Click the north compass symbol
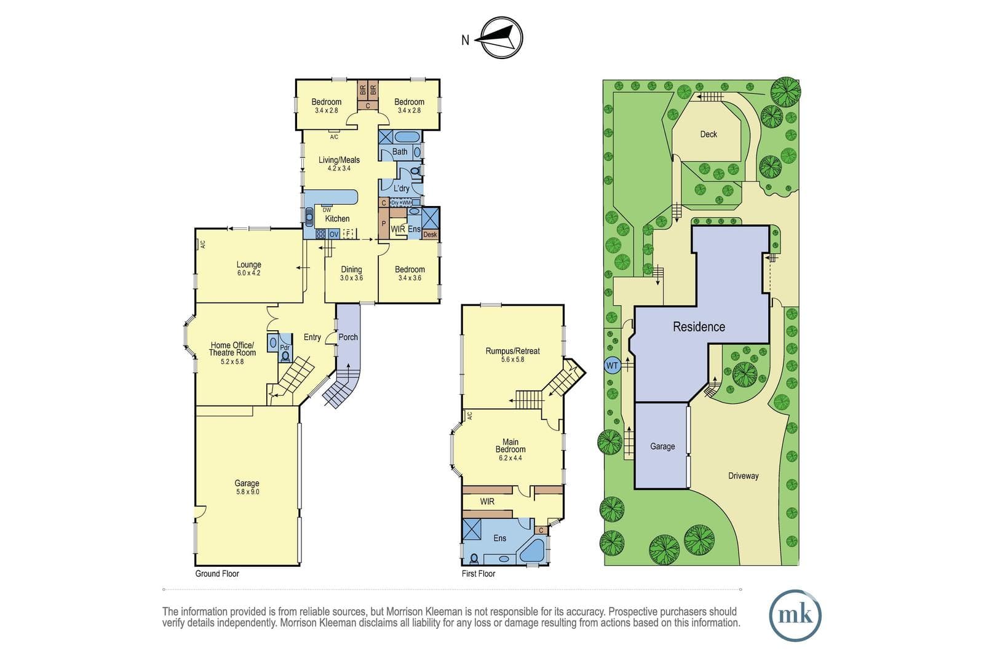(501, 38)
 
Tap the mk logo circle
(795, 615)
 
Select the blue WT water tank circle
(613, 365)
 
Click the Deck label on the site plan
(708, 135)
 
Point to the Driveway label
(744, 476)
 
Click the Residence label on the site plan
(699, 326)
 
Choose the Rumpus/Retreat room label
(513, 355)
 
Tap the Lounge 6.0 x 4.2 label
(248, 268)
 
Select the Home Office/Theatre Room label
(232, 353)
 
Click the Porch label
(348, 337)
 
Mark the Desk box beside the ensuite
(430, 234)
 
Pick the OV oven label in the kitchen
(334, 234)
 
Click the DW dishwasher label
(327, 210)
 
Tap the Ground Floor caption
(217, 574)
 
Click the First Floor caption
(478, 574)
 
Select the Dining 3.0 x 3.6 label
(351, 273)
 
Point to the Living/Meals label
(339, 164)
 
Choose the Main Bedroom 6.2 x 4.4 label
(510, 449)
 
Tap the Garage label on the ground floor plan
(247, 488)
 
